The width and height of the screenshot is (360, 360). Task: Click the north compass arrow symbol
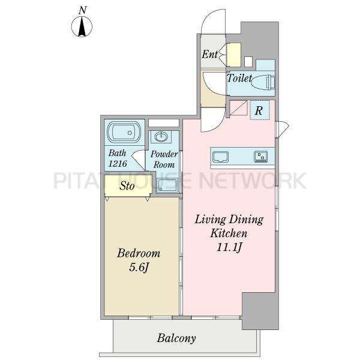82,26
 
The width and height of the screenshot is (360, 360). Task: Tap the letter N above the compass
82,10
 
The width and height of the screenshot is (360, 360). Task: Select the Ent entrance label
209,55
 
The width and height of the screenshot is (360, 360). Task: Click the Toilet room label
239,78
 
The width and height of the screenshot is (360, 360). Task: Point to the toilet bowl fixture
263,83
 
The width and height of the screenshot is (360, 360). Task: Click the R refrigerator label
259,110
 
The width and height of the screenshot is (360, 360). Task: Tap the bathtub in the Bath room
124,132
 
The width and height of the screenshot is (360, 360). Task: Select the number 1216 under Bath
118,163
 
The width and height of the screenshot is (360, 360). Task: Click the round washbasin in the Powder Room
161,137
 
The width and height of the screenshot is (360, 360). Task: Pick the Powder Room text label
164,159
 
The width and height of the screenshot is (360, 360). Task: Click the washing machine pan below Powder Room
167,185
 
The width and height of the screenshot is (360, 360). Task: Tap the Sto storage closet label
127,186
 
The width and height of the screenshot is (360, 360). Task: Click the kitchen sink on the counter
220,157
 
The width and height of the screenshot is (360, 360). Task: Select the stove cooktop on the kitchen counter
260,157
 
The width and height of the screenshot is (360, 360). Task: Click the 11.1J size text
229,247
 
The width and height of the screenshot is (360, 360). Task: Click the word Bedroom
139,253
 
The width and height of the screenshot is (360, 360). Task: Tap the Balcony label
176,338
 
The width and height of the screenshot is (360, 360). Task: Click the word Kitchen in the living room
229,233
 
